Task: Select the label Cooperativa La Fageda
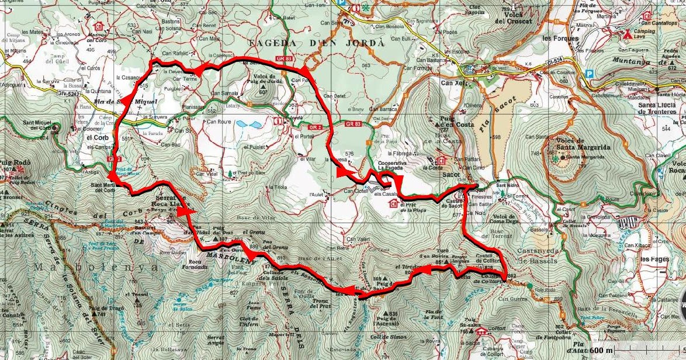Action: tap(386, 165)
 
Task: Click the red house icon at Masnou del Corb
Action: tap(99, 26)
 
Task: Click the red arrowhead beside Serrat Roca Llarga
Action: tap(186, 212)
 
